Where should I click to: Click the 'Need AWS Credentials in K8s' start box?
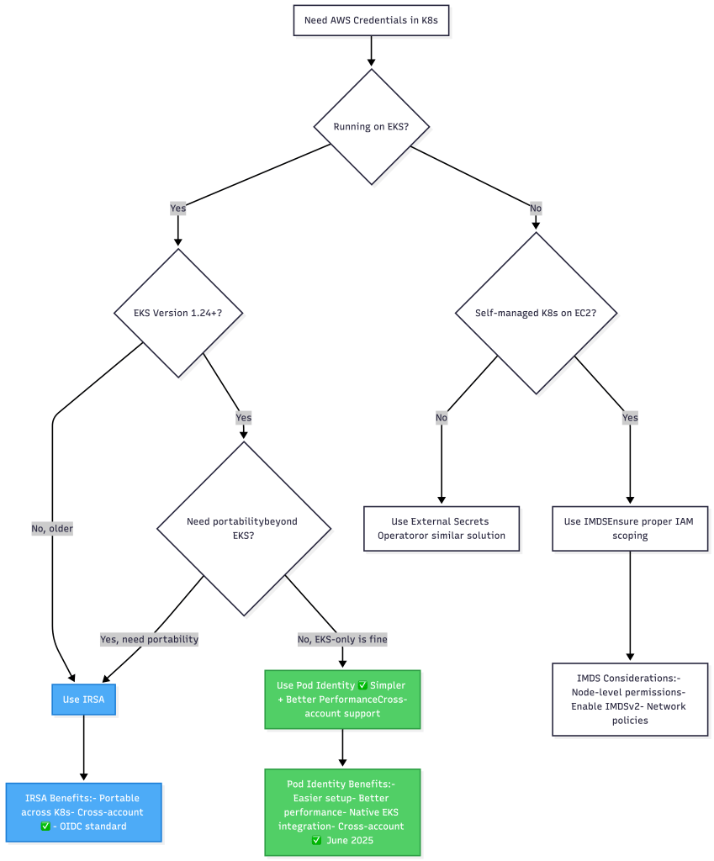tap(371, 19)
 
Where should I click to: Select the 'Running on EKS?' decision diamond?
tap(371, 127)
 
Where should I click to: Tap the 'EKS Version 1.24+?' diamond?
tap(177, 313)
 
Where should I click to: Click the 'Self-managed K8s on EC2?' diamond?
tap(536, 313)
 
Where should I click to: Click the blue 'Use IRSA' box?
tap(83, 698)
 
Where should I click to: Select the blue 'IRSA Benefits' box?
tap(83, 812)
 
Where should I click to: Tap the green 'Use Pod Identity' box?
tap(341, 700)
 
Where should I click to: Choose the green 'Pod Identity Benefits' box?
tap(341, 812)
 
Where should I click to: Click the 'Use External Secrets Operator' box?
tap(441, 528)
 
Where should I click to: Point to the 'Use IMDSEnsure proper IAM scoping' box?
tap(630, 528)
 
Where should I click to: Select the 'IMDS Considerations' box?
tap(630, 700)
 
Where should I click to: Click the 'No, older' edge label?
tap(53, 528)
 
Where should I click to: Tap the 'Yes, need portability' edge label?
tap(150, 639)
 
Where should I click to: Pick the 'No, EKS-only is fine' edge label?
tap(342, 639)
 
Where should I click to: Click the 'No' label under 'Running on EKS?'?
tap(536, 209)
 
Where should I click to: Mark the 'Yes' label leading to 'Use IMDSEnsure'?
tap(630, 417)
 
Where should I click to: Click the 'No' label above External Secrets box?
tap(442, 417)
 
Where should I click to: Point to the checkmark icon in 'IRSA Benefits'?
tap(46, 827)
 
